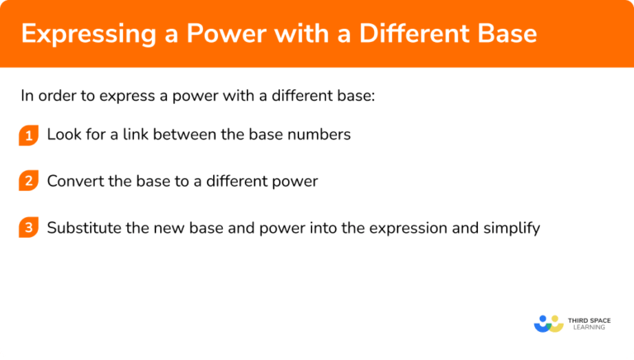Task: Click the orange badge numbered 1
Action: [29, 135]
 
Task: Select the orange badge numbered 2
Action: [29, 182]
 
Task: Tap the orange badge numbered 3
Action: [29, 228]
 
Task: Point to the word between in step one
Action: [195, 135]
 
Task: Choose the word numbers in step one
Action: [321, 135]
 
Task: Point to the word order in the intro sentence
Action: [56, 95]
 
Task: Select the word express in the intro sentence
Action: [125, 95]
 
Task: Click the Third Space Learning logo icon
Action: [548, 323]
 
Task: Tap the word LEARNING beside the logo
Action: [587, 328]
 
